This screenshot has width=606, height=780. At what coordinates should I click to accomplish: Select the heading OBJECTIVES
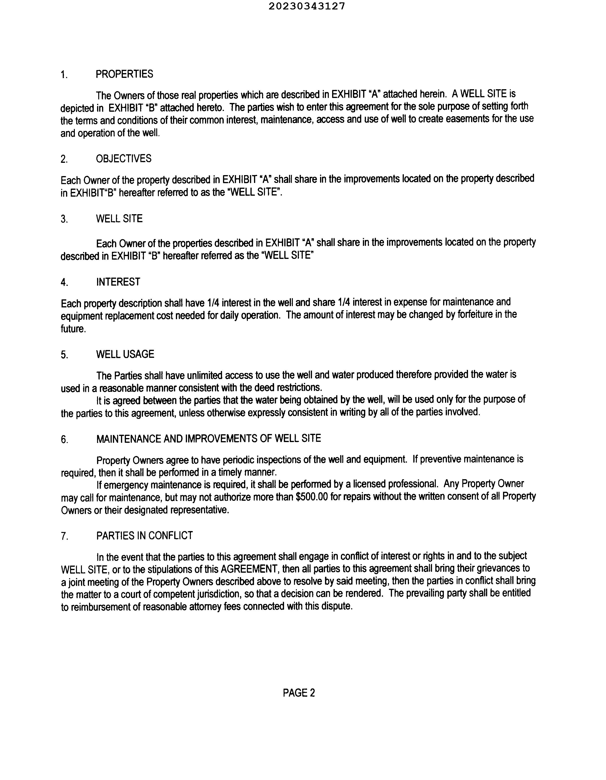click(124, 159)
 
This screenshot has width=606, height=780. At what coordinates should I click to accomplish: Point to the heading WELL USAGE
click(125, 354)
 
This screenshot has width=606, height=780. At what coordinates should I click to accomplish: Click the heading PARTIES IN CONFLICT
click(144, 536)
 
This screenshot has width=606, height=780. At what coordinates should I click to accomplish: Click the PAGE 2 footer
click(299, 693)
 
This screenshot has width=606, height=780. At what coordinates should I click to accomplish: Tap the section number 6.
click(64, 439)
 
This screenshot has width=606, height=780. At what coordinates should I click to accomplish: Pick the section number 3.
click(64, 219)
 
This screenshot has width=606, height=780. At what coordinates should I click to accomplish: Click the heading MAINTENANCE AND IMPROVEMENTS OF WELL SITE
click(209, 439)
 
